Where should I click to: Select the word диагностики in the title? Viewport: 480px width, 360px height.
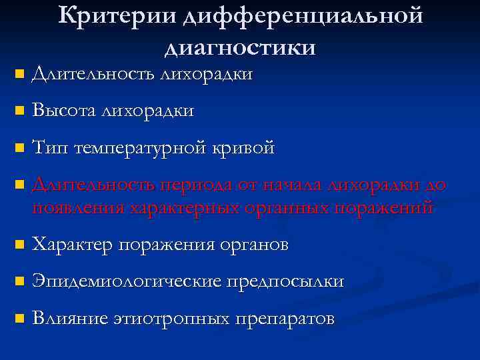tap(239, 47)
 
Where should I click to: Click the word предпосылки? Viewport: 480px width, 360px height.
tap(285, 281)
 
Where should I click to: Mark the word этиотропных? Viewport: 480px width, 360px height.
tap(169, 319)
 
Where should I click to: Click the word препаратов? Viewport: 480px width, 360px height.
tap(284, 319)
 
